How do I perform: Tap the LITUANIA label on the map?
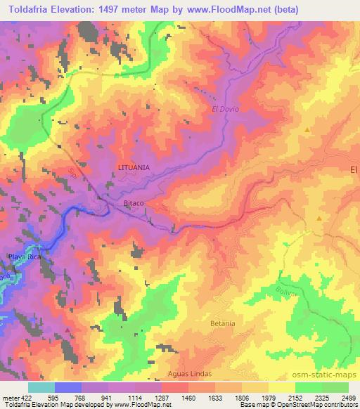pos(134,167)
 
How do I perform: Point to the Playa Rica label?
pos(22,258)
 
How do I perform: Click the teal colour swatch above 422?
pos(41,387)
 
